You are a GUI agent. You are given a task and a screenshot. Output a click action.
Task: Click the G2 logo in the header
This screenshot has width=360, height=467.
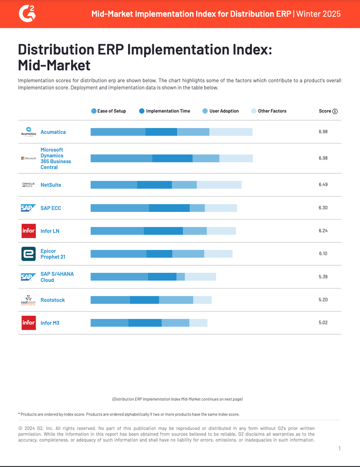click(27, 13)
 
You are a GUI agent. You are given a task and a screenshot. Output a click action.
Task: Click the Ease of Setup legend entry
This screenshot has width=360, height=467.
click(109, 111)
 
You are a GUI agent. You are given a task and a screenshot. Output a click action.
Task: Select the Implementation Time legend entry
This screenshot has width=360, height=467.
click(165, 111)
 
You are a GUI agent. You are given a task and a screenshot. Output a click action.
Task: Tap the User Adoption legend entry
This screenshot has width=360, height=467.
click(221, 111)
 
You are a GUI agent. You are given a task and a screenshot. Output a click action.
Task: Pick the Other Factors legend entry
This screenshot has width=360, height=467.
click(268, 111)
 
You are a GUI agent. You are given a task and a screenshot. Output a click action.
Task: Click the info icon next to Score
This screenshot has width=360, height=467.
click(335, 112)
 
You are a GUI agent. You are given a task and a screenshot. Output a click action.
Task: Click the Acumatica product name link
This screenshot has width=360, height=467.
click(53, 132)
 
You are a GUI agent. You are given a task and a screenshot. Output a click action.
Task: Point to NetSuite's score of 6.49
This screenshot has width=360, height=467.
click(323, 185)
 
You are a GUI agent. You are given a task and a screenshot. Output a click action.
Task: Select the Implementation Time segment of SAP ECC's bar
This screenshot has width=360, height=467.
click(169, 208)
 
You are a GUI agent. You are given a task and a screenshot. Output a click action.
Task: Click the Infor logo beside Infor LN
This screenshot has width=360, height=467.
click(28, 231)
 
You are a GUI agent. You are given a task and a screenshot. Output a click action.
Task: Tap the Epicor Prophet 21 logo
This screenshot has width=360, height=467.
click(28, 254)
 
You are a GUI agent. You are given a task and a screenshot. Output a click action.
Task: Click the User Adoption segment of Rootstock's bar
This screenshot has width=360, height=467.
click(176, 300)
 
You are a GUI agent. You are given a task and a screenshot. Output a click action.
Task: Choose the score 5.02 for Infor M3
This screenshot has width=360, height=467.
click(323, 323)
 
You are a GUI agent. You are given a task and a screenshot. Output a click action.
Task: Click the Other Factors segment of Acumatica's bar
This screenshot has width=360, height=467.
click(231, 132)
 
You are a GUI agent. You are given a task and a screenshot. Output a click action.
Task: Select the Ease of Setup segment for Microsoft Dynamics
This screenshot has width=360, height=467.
click(121, 158)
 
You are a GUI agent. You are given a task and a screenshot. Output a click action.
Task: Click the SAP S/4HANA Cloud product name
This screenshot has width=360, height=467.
click(57, 277)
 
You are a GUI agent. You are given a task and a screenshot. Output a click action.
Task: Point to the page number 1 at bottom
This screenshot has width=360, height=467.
click(339, 449)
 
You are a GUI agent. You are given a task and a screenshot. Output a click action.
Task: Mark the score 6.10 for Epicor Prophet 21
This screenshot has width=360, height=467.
click(323, 254)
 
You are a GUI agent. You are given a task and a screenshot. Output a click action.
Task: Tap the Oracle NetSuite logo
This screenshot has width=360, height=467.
click(28, 185)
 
